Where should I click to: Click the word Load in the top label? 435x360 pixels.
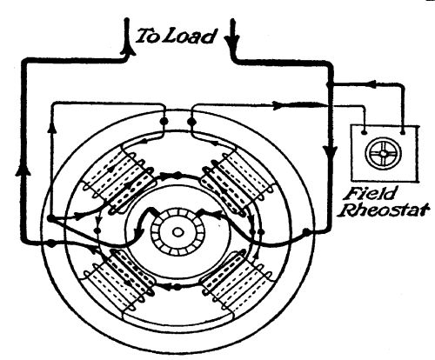[x=191, y=37]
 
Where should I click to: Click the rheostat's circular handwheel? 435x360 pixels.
[x=384, y=153]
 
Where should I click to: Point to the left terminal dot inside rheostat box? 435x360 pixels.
[x=365, y=132]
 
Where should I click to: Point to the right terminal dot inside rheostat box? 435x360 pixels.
[x=403, y=132]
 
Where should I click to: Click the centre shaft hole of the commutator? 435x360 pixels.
[x=177, y=232]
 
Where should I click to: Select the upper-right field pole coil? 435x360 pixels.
[x=237, y=182]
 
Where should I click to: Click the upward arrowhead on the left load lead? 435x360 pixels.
[x=127, y=50]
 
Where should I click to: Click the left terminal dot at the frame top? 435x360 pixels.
[x=164, y=120]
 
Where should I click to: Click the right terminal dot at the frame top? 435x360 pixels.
[x=191, y=121]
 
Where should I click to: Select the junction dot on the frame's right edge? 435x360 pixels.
[x=306, y=231]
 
